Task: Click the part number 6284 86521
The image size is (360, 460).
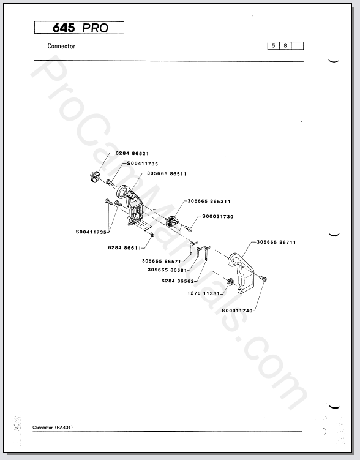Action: point(132,153)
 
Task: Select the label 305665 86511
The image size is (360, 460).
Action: point(167,174)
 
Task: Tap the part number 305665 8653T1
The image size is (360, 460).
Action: point(209,202)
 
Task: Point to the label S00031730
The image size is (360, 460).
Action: point(218,216)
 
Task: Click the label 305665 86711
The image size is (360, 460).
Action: point(276,243)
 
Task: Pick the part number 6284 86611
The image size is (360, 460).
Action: point(125,248)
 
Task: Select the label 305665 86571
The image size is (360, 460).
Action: point(162,261)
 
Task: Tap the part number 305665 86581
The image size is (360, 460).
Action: point(167,270)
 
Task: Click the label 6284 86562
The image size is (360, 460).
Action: point(178,281)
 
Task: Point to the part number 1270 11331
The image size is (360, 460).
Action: point(203,293)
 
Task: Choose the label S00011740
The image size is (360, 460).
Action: point(237,311)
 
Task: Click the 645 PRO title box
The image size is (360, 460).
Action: point(79,28)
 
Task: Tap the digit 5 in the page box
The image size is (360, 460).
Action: point(274,46)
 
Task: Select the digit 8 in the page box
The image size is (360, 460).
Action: point(285,46)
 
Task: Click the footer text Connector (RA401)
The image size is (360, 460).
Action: point(53,428)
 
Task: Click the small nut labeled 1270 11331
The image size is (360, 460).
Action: point(230,282)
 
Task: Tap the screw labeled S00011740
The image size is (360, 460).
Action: point(263,278)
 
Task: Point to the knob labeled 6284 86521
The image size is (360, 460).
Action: point(95,176)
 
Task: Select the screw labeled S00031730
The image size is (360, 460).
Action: point(189,228)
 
